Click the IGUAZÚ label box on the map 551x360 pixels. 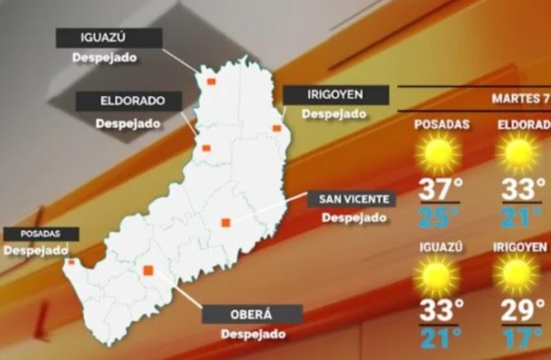tap(109, 38)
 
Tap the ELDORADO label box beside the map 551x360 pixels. tap(129, 101)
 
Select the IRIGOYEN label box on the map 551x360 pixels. tap(336, 95)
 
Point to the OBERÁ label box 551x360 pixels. tap(252, 314)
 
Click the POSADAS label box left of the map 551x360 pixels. tap(40, 233)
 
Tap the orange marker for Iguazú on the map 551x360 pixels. tap(211, 82)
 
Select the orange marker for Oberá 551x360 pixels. tap(148, 271)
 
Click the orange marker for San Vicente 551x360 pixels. tap(225, 223)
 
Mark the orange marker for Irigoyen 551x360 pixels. tap(277, 128)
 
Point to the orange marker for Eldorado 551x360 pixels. tap(206, 148)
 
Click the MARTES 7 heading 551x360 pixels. tap(520, 98)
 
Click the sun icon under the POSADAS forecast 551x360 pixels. tap(439, 152)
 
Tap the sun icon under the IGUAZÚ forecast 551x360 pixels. tap(436, 275)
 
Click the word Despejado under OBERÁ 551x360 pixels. tap(252, 334)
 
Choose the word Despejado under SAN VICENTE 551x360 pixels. tap(354, 218)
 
